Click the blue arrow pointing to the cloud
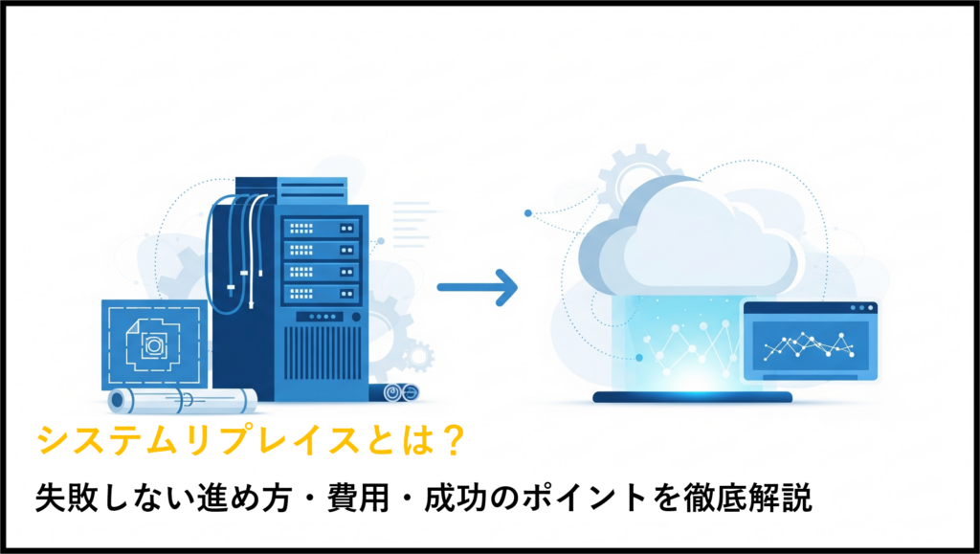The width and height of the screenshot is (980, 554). pyautogui.click(x=478, y=287)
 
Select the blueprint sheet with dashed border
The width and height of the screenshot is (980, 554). pyautogui.click(x=154, y=344)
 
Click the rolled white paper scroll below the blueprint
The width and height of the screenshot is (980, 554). pyautogui.click(x=183, y=400)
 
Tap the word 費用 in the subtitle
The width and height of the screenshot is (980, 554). pyautogui.click(x=358, y=499)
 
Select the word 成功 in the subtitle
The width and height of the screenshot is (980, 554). pyautogui.click(x=456, y=499)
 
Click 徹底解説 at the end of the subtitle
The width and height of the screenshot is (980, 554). pyautogui.click(x=747, y=499)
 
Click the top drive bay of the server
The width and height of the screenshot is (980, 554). pyautogui.click(x=322, y=229)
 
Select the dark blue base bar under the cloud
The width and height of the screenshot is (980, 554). pyautogui.click(x=692, y=397)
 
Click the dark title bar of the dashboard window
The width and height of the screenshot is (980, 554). pyautogui.click(x=810, y=308)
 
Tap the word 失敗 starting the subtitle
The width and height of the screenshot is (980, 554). pyautogui.click(x=67, y=499)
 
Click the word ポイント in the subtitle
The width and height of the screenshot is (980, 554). pyautogui.click(x=585, y=499)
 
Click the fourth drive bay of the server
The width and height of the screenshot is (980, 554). pyautogui.click(x=322, y=294)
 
